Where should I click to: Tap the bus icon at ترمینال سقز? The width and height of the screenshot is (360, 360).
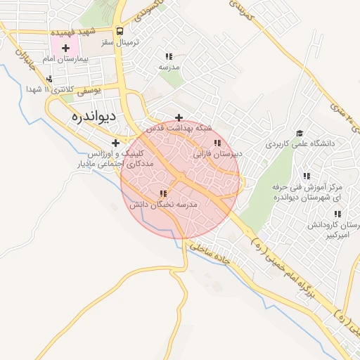coord(120,32)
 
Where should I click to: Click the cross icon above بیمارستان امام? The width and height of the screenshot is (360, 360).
coord(65,49)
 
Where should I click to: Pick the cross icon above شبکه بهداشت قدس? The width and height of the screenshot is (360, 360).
coord(179,117)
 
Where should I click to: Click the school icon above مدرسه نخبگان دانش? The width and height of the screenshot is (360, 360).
coord(163,193)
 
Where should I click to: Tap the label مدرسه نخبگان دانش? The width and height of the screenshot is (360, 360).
coord(163,204)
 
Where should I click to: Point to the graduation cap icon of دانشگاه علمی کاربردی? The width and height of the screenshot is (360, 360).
coord(300,133)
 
